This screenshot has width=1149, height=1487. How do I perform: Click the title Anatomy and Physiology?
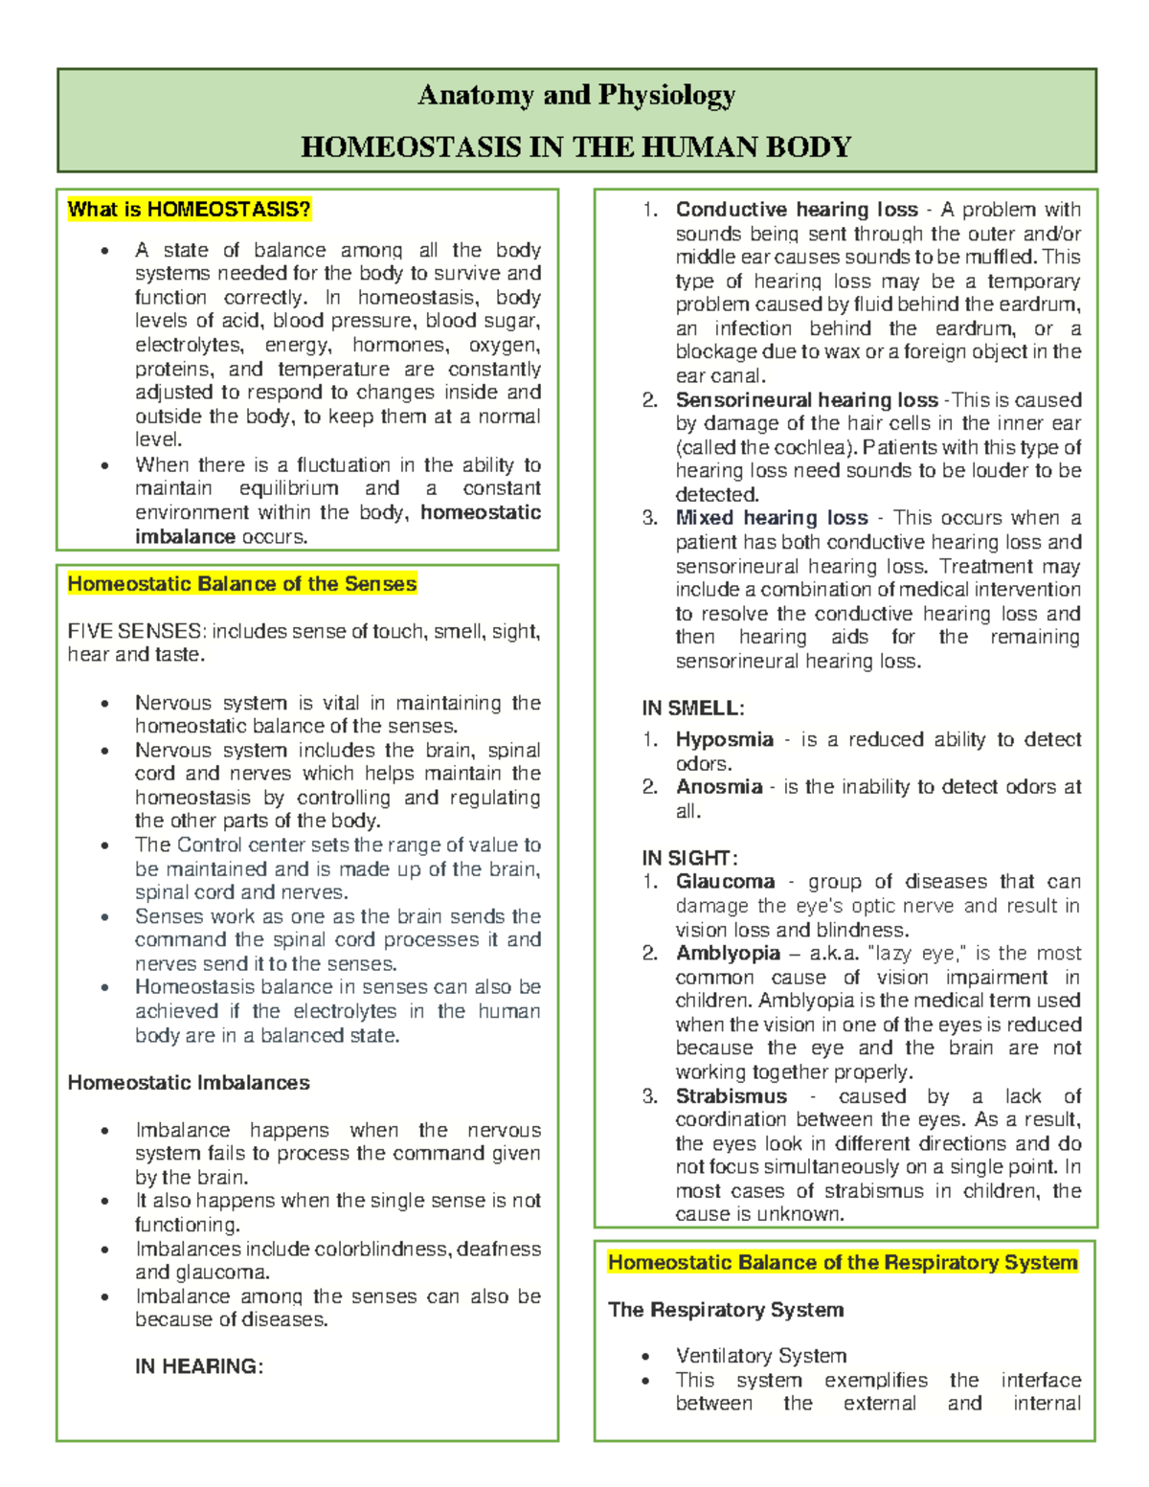pyautogui.click(x=576, y=95)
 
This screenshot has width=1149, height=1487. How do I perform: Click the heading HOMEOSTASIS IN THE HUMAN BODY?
pyautogui.click(x=576, y=146)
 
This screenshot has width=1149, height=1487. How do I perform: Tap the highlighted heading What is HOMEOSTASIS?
pyautogui.click(x=189, y=210)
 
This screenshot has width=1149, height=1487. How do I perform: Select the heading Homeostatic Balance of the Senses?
pyautogui.click(x=241, y=584)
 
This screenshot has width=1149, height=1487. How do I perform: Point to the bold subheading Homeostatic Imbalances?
pyautogui.click(x=189, y=1083)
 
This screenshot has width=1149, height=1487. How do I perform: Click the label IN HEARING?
pyautogui.click(x=198, y=1366)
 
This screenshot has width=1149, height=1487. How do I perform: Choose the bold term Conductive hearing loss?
pyautogui.click(x=797, y=210)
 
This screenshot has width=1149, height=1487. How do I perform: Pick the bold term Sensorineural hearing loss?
pyautogui.click(x=806, y=400)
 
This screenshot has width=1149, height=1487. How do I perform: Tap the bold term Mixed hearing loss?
pyautogui.click(x=771, y=518)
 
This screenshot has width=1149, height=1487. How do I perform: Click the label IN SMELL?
pyautogui.click(x=692, y=709)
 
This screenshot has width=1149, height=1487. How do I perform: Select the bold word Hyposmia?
pyautogui.click(x=724, y=740)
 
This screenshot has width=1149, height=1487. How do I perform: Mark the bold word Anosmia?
pyautogui.click(x=718, y=787)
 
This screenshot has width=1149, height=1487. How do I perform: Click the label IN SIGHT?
pyautogui.click(x=689, y=858)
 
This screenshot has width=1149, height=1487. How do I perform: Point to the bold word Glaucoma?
pyautogui.click(x=725, y=882)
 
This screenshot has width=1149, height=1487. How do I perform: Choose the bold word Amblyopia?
pyautogui.click(x=728, y=954)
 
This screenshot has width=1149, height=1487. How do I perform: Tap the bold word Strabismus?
pyautogui.click(x=731, y=1096)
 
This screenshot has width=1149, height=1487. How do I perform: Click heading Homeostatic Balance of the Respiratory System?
pyautogui.click(x=843, y=1263)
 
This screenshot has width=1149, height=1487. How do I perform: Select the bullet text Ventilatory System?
pyautogui.click(x=760, y=1356)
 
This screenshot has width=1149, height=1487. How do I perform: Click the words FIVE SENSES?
pyautogui.click(x=136, y=632)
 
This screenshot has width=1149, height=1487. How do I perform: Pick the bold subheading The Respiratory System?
pyautogui.click(x=725, y=1310)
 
